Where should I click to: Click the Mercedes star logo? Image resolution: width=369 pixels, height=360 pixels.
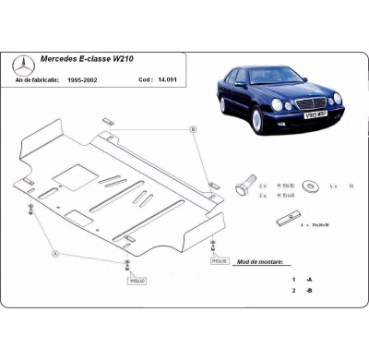24,67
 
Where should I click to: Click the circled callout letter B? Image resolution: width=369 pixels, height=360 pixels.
192,129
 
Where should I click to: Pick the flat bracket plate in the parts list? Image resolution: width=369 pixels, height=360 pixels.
284,224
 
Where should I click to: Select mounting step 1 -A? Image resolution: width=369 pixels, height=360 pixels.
298,279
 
